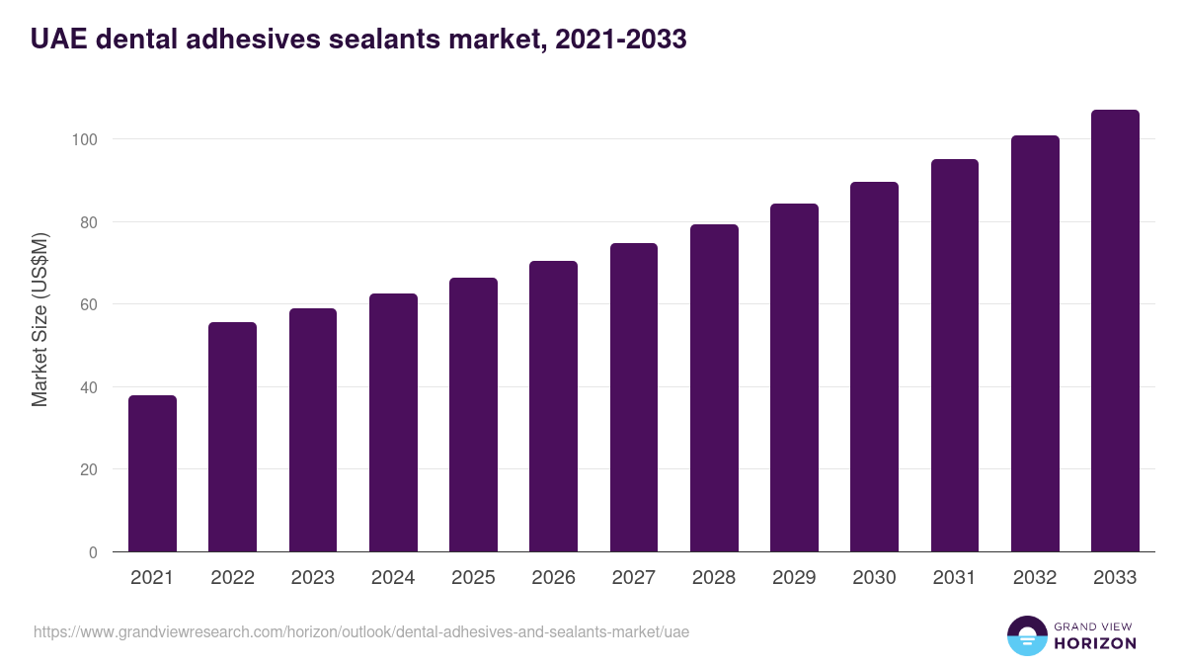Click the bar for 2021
coord(152,473)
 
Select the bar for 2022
coord(232,437)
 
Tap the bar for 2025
coord(473,415)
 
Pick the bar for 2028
coord(714,388)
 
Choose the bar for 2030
coord(874,367)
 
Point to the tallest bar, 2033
coord(1115,331)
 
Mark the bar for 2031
coord(954,356)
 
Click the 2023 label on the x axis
coord(312,578)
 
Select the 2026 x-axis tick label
coord(553,578)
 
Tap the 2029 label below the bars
coord(794,578)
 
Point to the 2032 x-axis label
coord(1035,578)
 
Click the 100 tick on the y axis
coord(85,139)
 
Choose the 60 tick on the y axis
coord(89,304)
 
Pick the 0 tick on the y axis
coord(93,552)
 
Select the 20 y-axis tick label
coord(89,469)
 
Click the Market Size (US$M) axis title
coord(39,319)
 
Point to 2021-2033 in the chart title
coord(621,40)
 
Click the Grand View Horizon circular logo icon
coord(1026,635)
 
